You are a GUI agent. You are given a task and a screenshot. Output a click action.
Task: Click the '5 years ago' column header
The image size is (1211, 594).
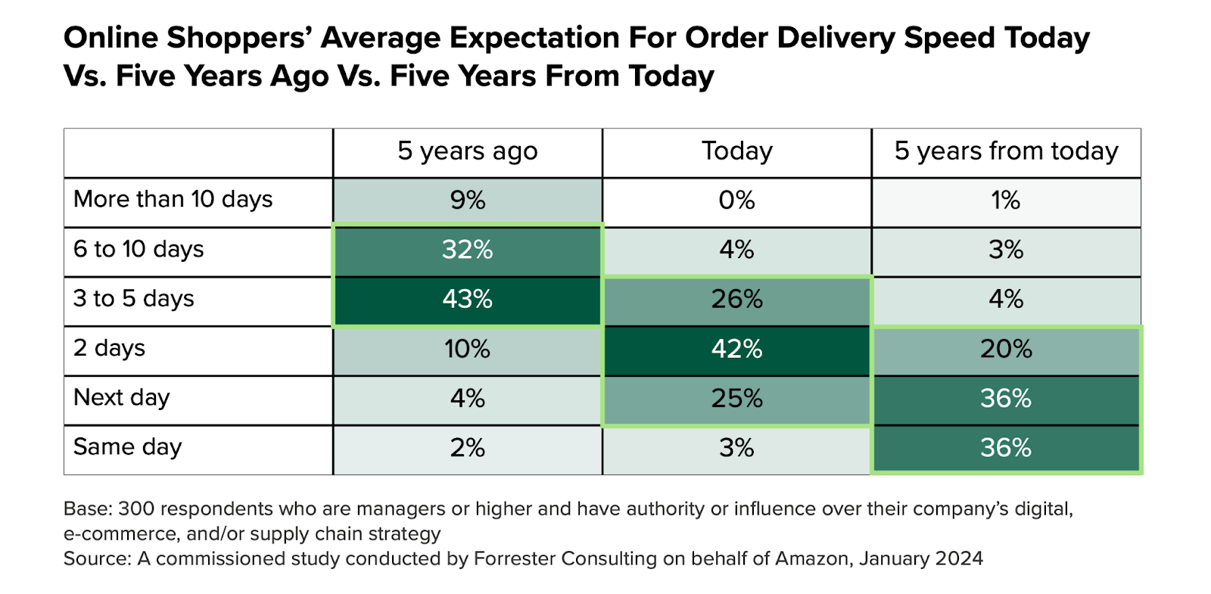[467, 151]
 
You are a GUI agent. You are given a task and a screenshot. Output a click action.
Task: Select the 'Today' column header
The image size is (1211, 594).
[736, 151]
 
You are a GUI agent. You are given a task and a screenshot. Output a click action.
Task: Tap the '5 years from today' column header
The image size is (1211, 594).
[1006, 151]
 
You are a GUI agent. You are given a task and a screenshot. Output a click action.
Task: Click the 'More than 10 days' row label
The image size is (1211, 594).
[173, 200]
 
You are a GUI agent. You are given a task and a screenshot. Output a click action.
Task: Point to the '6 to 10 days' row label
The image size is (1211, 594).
[139, 250]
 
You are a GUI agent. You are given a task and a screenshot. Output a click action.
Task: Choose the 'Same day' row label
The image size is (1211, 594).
[127, 447]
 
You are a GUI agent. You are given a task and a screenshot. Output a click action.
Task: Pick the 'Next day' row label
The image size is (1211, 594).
[121, 398]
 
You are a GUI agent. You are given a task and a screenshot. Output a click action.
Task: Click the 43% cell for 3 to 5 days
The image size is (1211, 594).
[467, 300]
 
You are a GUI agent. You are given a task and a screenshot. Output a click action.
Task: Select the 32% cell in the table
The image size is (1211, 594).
[467, 250]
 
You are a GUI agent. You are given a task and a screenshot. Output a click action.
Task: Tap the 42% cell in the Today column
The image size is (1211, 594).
[736, 349]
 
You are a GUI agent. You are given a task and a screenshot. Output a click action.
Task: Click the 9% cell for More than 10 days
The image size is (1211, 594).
[467, 201]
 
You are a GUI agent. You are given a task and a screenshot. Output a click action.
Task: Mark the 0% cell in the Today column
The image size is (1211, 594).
[736, 201]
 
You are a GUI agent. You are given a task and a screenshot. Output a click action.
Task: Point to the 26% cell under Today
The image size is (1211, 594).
[736, 300]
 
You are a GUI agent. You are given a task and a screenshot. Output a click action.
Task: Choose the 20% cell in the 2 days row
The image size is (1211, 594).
[1006, 349]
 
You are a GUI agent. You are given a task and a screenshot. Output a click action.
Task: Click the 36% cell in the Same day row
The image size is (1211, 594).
[1006, 448]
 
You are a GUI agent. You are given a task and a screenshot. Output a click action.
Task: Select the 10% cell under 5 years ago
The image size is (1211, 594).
[467, 349]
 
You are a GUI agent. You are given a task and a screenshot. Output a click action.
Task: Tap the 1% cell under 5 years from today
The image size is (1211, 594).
[1006, 201]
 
